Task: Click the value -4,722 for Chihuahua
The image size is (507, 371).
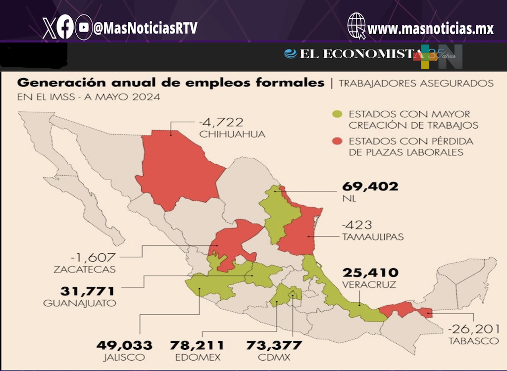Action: point(222,122)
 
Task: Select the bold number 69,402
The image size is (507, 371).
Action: point(370,186)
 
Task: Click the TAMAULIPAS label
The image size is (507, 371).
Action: point(372,237)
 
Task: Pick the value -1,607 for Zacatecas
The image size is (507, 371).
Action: point(93,257)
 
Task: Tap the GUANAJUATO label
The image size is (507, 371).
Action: point(80,303)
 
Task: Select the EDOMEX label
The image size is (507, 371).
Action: point(197,357)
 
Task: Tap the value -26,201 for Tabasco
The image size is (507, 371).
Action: point(473,328)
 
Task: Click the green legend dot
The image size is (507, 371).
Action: point(337,115)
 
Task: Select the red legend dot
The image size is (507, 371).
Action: point(337,141)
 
